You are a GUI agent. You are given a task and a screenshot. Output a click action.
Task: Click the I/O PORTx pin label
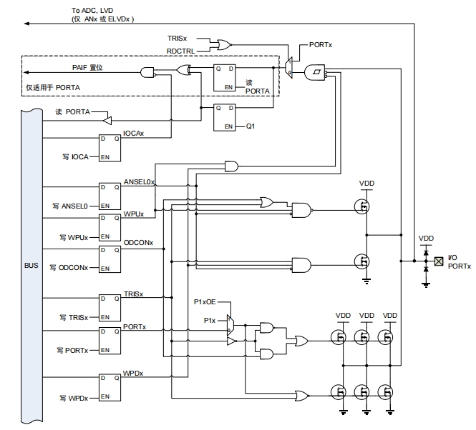(459, 261)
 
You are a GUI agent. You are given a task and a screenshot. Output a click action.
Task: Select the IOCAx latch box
(110, 146)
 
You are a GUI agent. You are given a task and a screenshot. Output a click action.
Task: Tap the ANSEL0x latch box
(110, 195)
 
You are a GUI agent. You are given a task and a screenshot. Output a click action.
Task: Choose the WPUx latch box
(110, 226)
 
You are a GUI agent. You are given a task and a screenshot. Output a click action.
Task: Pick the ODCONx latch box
(110, 258)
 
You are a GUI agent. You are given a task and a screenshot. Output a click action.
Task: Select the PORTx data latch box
(110, 340)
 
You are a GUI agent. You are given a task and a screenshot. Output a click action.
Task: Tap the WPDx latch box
(110, 386)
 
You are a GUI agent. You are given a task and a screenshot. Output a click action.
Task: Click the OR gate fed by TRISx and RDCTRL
(223, 45)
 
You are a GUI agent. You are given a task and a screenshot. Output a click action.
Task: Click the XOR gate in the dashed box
(185, 71)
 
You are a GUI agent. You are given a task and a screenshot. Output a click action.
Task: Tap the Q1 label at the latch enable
(251, 126)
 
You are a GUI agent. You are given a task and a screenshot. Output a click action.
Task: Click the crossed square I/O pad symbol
(439, 261)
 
